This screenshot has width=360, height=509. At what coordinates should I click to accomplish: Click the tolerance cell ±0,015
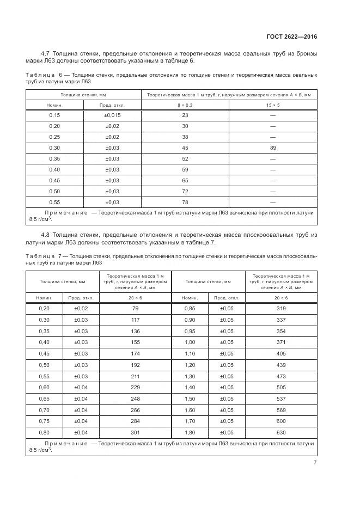coord(112,115)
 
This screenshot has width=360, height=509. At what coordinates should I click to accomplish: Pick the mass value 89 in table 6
coord(273,148)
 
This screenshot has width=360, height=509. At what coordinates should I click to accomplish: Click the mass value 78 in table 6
coord(185,201)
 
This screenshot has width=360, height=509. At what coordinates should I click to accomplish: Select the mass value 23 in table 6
coord(185,115)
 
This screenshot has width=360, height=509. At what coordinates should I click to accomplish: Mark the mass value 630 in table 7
coord(281,433)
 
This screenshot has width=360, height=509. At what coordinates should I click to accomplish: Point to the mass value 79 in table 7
coord(135,309)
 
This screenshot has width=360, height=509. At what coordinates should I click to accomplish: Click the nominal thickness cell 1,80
coord(190,433)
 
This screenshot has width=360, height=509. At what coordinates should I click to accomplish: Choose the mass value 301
coord(135,433)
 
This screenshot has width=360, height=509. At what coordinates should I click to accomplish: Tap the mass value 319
coord(281,309)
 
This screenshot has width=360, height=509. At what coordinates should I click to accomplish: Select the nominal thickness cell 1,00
coord(190,342)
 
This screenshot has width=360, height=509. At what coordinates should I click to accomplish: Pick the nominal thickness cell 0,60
coord(44,388)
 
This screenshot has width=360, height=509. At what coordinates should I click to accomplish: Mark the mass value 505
coord(281,388)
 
